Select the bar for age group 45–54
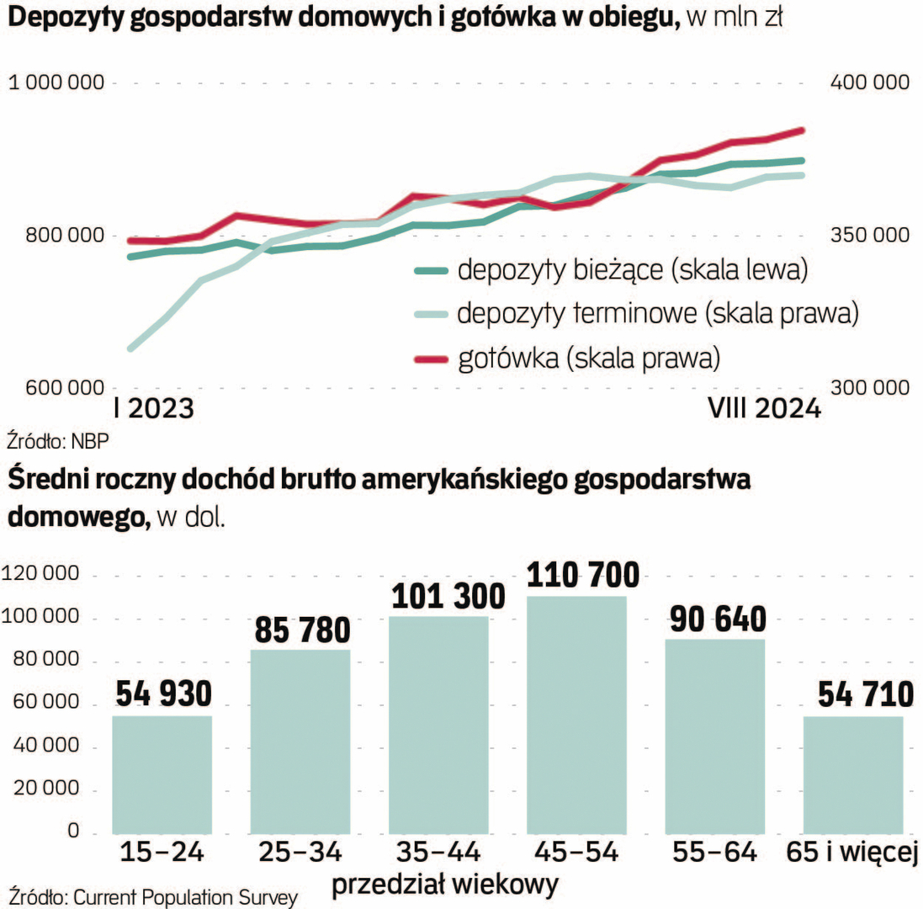coord(576,715)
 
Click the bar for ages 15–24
coord(162,774)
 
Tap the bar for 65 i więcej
coord(853,774)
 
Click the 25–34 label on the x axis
coord(300,853)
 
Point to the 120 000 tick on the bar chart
coord(48,576)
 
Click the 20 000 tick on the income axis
coord(52,790)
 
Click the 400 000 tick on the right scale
coord(869,82)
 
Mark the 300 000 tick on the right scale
coord(869,388)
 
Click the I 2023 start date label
coord(153,409)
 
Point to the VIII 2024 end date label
coord(763,409)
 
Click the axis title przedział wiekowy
coord(444,885)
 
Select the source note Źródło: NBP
coord(57,441)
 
